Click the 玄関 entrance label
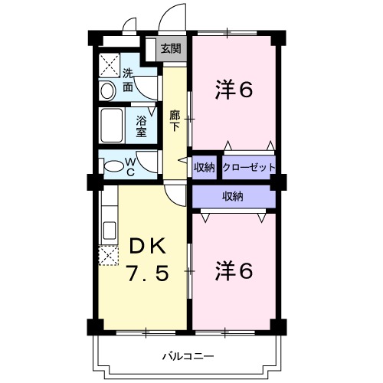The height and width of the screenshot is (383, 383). (171, 48)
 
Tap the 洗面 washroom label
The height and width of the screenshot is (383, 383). (128, 80)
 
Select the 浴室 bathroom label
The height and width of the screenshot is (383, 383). (141, 126)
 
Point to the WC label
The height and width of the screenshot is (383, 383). (130, 167)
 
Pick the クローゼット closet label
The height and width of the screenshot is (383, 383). (249, 168)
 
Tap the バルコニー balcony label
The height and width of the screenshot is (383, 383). (188, 356)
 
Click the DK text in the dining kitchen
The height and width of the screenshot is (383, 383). (147, 246)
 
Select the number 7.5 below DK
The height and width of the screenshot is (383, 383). (148, 273)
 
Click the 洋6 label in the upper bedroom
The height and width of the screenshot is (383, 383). (234, 90)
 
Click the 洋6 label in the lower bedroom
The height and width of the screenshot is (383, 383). (234, 270)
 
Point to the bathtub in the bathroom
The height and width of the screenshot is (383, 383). (112, 126)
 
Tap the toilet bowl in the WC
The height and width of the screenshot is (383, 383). (114, 166)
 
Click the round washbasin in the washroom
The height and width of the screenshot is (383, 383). (107, 91)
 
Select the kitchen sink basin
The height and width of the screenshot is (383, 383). (110, 231)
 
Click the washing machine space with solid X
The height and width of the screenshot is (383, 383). (110, 65)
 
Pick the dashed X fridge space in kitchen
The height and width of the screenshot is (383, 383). (109, 255)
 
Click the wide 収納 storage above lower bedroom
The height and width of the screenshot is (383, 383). (234, 197)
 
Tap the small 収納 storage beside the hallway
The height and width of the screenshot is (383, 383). (205, 168)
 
